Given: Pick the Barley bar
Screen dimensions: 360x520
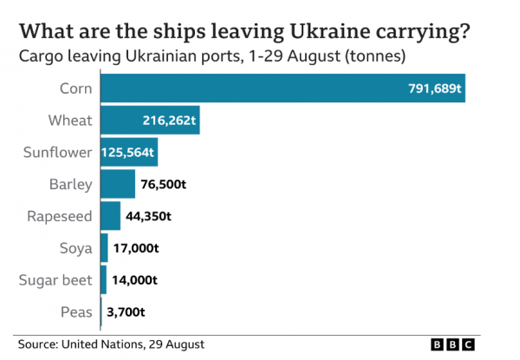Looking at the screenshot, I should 118,184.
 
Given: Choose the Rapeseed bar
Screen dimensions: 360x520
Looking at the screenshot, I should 110,215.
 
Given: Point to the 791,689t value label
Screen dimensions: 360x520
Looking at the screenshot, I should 435,88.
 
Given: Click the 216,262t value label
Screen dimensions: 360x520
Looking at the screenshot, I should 169,121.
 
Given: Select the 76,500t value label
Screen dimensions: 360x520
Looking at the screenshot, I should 164,185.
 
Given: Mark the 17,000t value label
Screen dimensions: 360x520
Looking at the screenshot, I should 137,248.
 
